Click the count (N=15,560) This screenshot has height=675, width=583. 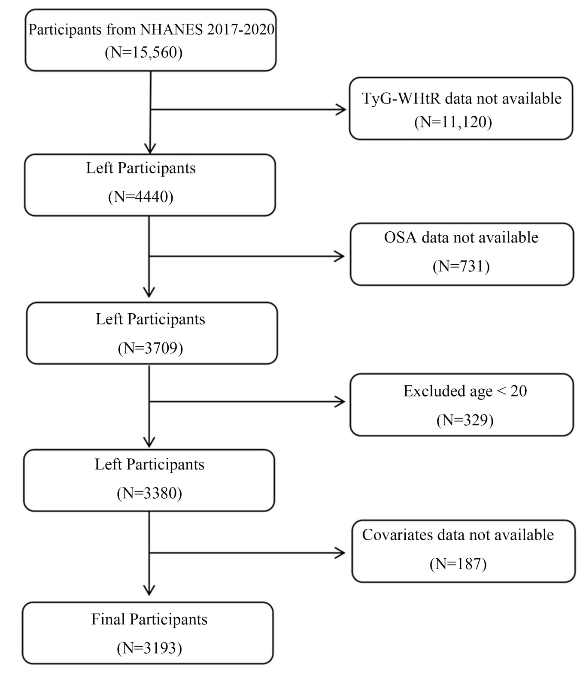143,52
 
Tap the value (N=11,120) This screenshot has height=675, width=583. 453,122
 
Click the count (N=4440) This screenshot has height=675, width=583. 140,197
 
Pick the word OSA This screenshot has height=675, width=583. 400,237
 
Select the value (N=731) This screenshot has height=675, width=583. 461,266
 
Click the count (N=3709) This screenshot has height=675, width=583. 150,348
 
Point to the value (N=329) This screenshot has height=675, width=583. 465,420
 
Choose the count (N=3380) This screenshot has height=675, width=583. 149,493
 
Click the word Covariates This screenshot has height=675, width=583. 398,535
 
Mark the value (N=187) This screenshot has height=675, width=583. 458,564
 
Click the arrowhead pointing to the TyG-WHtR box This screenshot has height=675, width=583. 341,110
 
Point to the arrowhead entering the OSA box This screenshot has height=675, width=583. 340,256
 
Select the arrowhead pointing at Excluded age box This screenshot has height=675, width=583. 340,402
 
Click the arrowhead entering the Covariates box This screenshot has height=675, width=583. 340,553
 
